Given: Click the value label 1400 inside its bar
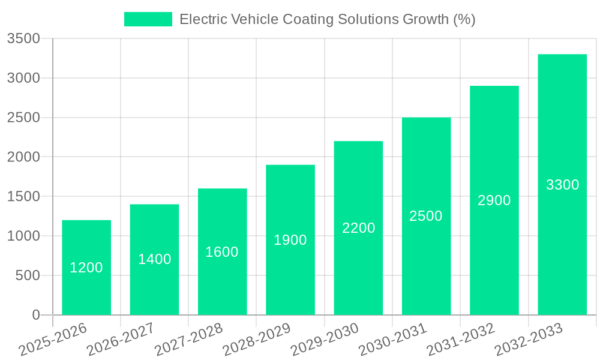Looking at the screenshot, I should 155,259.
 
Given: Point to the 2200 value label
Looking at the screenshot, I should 359,228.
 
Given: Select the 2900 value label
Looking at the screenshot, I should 494,200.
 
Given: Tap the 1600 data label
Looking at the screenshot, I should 222,252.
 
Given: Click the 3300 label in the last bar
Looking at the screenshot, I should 562,185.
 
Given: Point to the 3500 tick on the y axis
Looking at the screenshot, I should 23,39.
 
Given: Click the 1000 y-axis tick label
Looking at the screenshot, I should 23,236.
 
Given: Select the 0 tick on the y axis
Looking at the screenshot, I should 35,315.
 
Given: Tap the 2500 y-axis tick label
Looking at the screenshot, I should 23,118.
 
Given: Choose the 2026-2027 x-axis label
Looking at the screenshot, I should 121,340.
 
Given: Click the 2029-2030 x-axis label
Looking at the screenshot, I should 325,340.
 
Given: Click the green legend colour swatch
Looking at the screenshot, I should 148,19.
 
